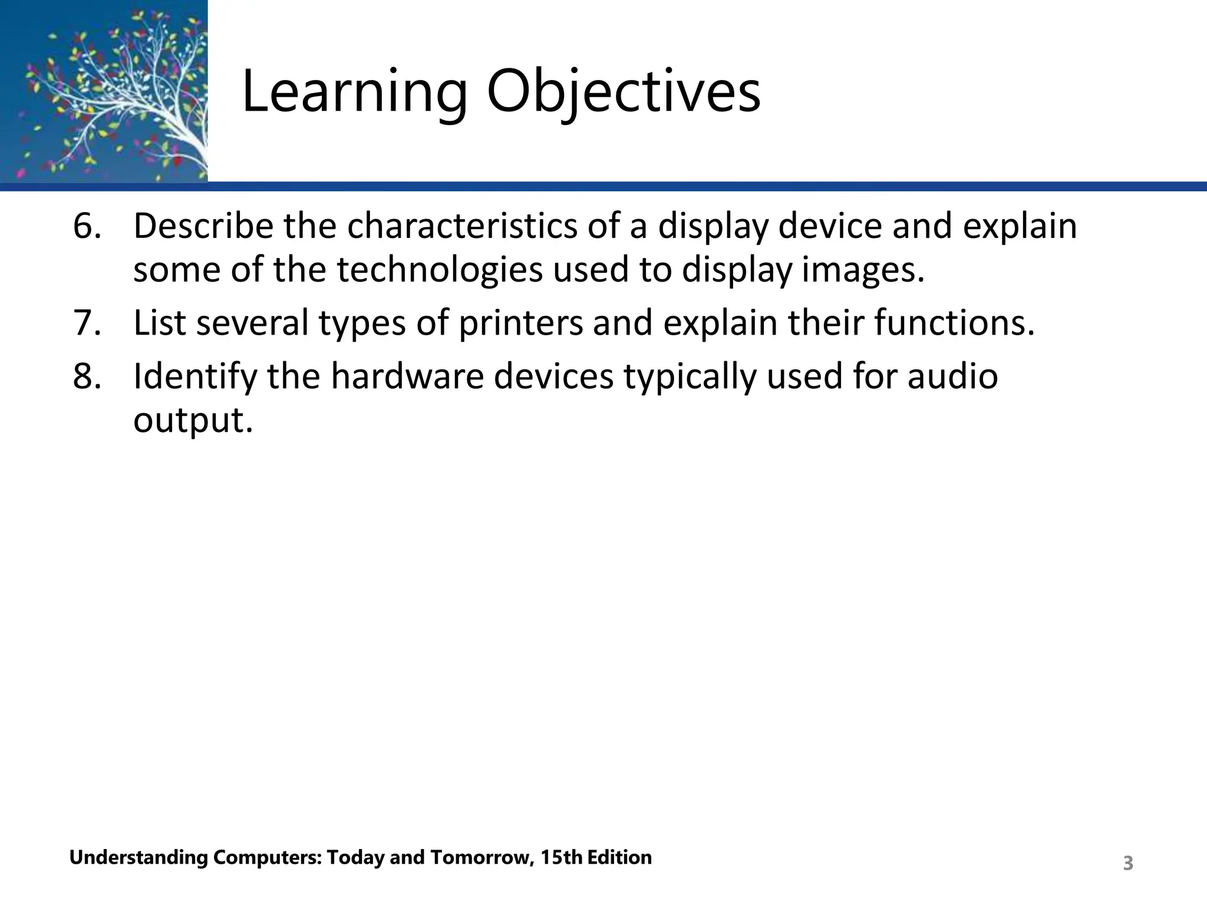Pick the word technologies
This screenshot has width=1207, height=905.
[440, 270]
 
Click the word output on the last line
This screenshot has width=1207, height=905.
[193, 421]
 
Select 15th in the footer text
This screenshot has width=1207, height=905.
[562, 857]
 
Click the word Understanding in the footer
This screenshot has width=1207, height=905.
[139, 857]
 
